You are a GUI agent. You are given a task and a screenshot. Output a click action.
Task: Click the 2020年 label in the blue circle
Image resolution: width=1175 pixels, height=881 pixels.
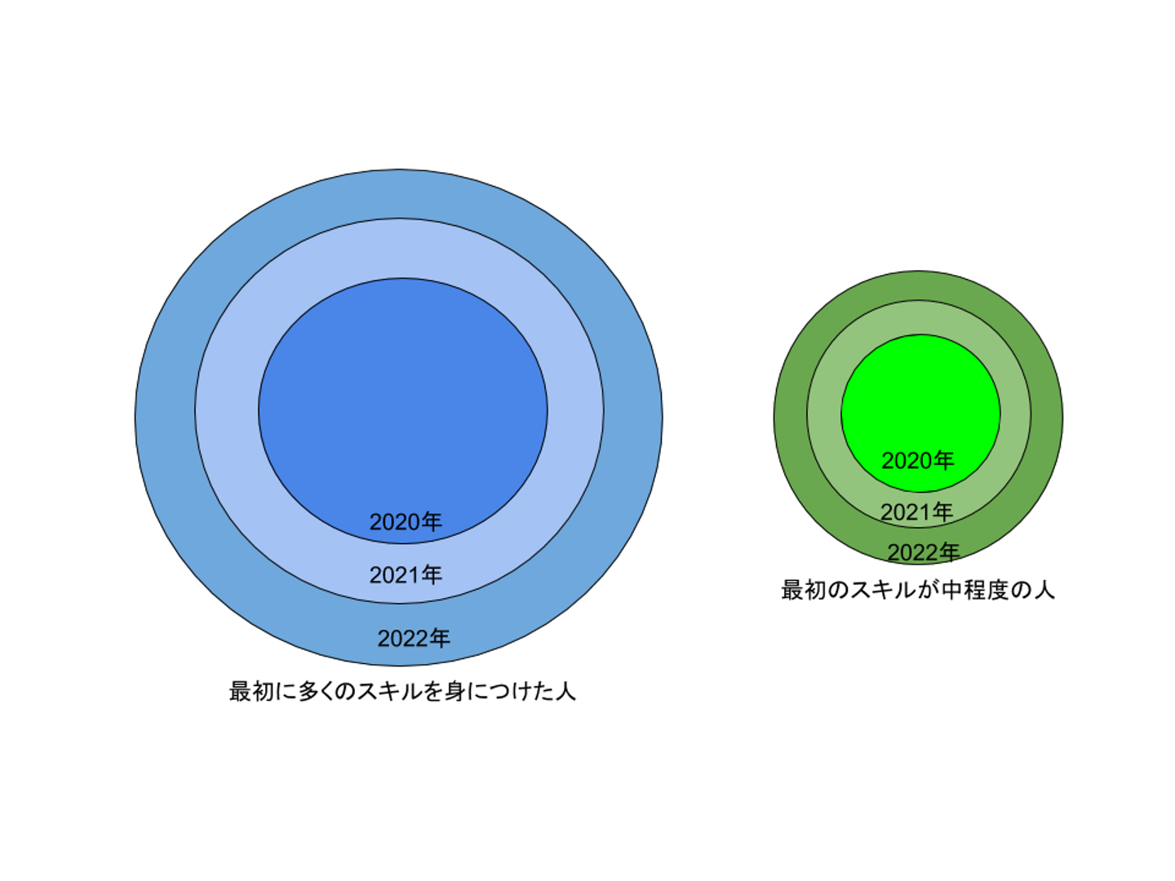[406, 522]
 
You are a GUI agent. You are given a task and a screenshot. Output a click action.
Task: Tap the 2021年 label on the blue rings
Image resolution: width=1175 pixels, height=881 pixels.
[406, 575]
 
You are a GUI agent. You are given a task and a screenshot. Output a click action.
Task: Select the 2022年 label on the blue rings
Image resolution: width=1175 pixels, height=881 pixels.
[414, 638]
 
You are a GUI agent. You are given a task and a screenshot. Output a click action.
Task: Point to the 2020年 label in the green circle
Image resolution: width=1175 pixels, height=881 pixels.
[917, 461]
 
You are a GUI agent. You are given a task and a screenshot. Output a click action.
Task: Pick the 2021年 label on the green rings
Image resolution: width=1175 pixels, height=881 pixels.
[916, 512]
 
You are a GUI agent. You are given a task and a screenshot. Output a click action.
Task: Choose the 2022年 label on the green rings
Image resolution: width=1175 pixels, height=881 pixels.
[923, 552]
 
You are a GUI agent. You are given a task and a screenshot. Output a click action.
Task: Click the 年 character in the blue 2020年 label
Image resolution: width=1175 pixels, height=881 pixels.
[432, 522]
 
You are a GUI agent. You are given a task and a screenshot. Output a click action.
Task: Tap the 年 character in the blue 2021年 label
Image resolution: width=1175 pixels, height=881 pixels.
[432, 575]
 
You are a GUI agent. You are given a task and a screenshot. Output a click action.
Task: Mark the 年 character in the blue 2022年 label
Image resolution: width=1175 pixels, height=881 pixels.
[440, 638]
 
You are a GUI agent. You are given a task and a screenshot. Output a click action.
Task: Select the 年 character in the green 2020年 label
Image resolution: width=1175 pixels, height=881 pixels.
[943, 461]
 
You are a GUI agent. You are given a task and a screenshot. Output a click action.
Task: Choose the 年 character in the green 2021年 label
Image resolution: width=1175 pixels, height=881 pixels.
[942, 512]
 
